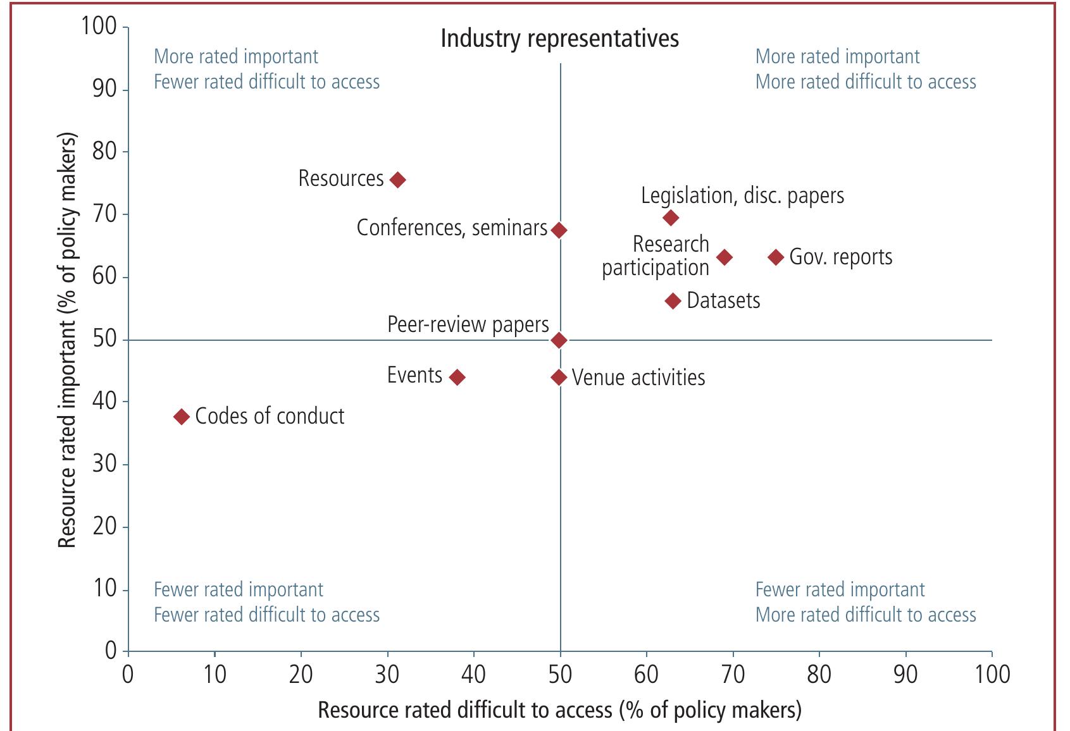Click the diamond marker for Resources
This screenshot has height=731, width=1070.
(397, 180)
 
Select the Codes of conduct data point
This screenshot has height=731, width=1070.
(182, 417)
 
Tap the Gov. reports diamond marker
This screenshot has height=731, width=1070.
(776, 257)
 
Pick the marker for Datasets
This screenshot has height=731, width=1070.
(673, 301)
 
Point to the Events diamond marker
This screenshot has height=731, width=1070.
(457, 378)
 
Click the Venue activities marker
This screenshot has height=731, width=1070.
(559, 378)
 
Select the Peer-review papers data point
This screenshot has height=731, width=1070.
(559, 340)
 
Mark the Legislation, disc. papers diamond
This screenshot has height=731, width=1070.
(671, 218)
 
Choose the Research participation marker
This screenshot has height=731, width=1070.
(725, 257)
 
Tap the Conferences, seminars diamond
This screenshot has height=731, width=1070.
(559, 230)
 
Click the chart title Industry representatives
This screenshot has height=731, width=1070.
(559, 39)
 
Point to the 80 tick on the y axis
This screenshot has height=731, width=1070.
(105, 152)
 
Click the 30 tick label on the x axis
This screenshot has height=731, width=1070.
(387, 675)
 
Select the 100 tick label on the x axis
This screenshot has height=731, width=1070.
(992, 675)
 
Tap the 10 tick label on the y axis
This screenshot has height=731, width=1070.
(105, 589)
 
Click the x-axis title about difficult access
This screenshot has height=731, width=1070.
(559, 710)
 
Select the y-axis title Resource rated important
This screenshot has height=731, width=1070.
(67, 340)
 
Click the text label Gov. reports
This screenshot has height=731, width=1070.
(841, 257)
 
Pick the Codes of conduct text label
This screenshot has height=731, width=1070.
(270, 416)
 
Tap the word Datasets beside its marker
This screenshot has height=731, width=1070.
(723, 300)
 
